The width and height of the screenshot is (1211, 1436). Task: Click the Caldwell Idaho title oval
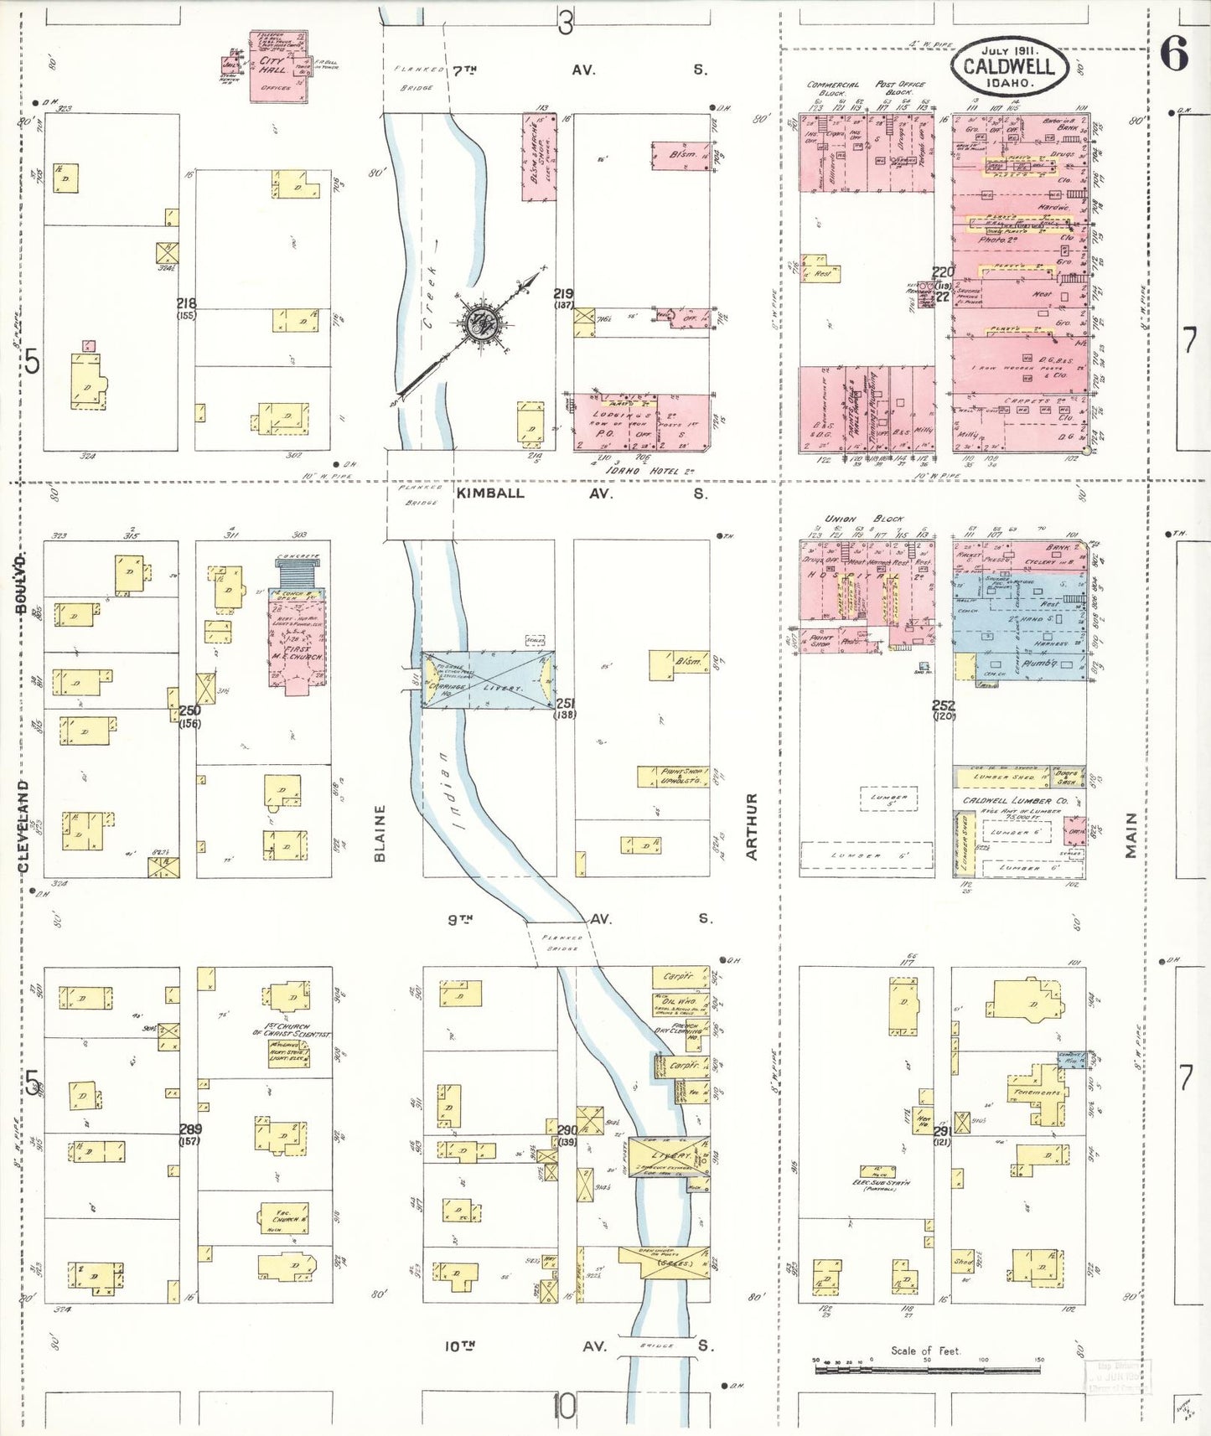coord(1009,66)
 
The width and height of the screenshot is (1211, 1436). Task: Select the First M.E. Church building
coord(296,641)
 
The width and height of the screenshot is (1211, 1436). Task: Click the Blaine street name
coord(380,833)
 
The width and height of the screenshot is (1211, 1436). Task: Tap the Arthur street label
coord(751,826)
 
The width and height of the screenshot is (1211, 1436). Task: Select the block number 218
coord(186,303)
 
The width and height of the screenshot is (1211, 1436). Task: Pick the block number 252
coord(943,705)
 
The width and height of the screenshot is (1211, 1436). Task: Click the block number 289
coord(190,1129)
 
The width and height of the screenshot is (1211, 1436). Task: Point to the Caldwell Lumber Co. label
coord(1015,801)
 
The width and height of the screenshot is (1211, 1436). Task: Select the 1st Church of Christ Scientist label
coord(281,1030)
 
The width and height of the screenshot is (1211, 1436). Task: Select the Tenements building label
coord(1038,1092)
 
